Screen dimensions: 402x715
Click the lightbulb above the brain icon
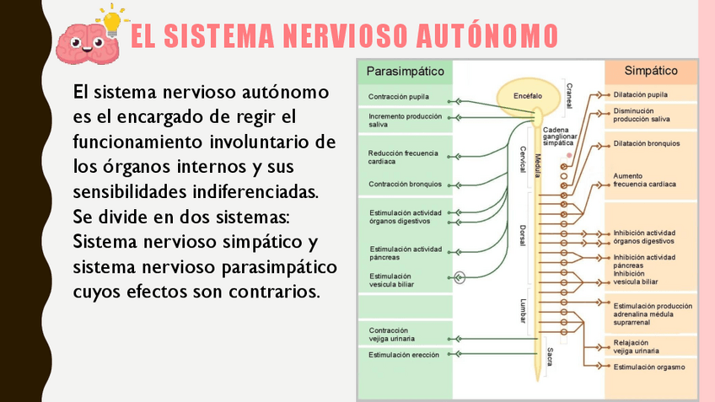tap(111, 17)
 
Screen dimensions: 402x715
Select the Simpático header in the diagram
tap(651, 72)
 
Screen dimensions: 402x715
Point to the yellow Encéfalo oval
tap(528, 96)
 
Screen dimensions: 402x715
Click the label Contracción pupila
tap(399, 97)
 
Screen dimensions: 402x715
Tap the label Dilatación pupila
tap(641, 94)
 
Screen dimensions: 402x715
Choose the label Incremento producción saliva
tap(405, 120)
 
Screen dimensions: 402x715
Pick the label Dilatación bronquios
tap(647, 143)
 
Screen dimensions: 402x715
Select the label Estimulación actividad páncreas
tap(405, 253)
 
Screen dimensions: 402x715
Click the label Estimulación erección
tap(404, 355)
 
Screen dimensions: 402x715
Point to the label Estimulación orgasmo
tap(649, 367)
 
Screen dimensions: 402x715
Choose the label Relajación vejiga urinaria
tap(637, 346)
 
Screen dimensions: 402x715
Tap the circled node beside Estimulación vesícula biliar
tap(460, 276)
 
